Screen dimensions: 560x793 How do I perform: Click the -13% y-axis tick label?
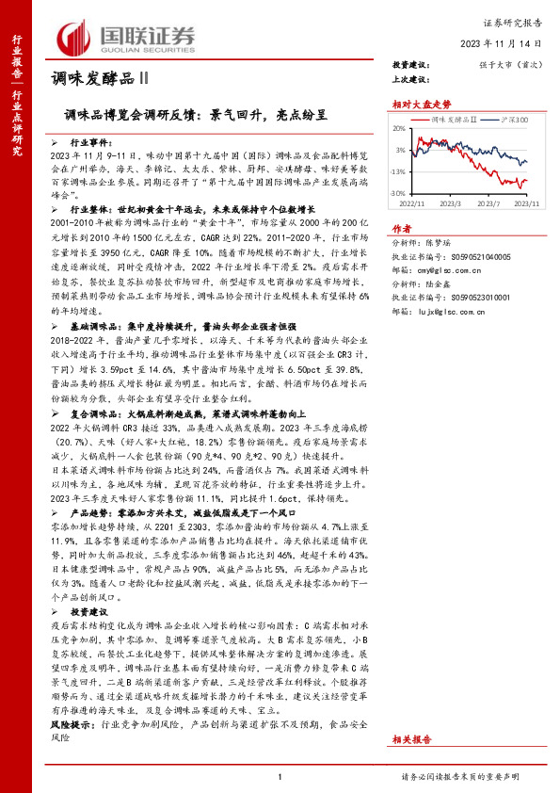(400, 170)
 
